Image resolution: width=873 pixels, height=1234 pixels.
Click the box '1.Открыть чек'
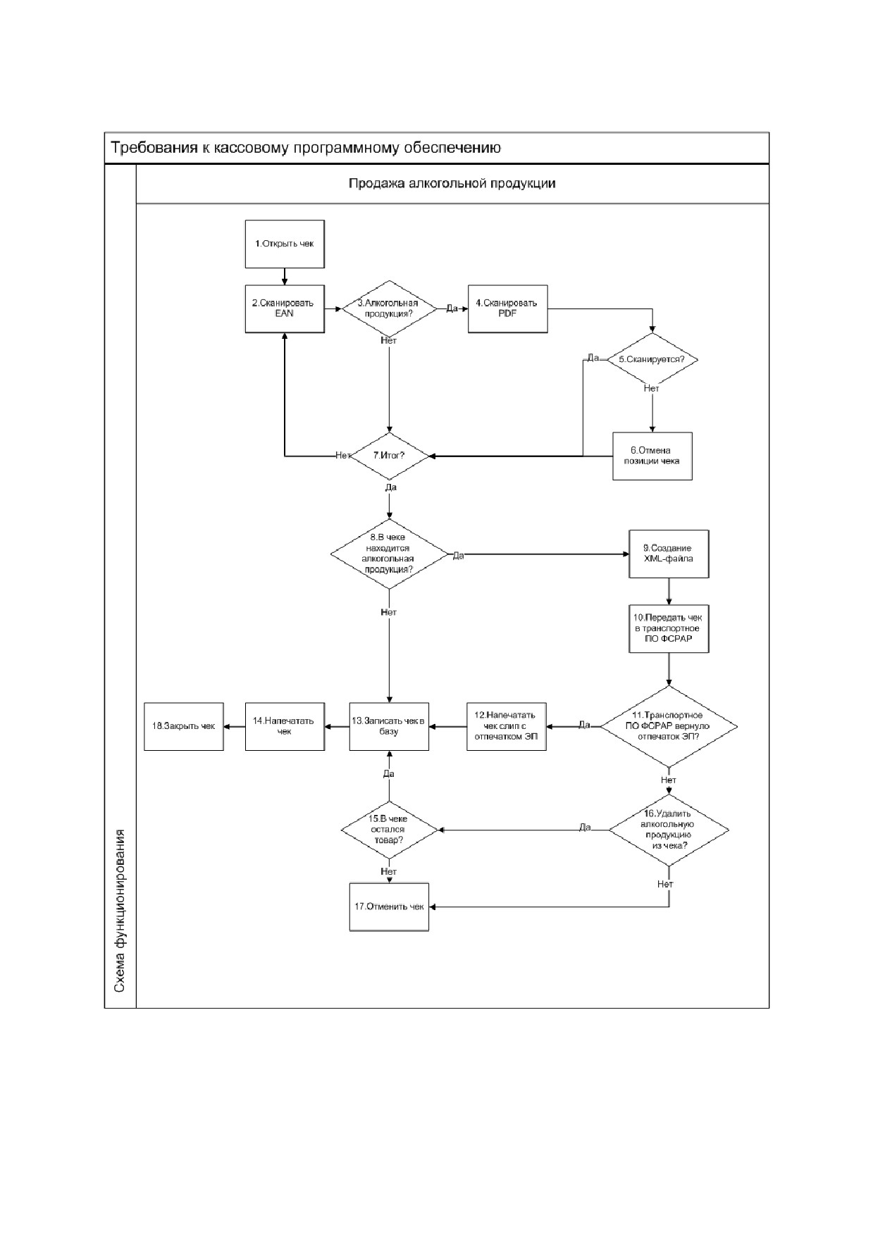coord(285,244)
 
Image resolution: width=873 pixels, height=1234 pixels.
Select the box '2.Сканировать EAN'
coord(285,308)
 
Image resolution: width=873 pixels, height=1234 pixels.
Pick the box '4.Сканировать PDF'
coord(507,308)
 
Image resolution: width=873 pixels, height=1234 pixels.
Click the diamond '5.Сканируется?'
coord(652,359)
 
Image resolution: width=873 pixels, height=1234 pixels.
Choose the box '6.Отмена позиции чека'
coord(652,456)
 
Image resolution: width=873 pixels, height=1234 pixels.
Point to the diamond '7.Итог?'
coord(390,456)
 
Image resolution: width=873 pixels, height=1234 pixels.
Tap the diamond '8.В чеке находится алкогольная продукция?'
coord(389,554)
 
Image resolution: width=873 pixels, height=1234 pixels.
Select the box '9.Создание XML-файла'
coord(669,554)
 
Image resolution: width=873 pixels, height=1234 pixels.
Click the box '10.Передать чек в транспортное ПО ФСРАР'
coord(669,629)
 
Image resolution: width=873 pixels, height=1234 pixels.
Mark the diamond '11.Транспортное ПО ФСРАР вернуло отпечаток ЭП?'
coord(669,726)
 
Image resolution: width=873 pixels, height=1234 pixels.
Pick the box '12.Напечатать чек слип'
coord(506,726)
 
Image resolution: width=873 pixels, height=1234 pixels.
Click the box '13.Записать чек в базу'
coord(389,726)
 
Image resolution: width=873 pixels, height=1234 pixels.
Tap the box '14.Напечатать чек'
coord(285,726)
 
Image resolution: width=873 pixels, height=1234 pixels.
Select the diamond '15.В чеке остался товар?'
coord(389,830)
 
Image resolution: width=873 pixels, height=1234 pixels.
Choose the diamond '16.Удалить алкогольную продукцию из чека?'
coord(669,830)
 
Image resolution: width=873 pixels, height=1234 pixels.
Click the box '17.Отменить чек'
coord(389,906)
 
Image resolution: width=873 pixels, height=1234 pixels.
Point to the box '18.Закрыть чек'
coord(184,726)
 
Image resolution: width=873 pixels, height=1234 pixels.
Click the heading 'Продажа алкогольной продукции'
coord(452,184)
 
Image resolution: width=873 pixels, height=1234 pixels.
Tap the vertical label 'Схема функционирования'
coord(120,911)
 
